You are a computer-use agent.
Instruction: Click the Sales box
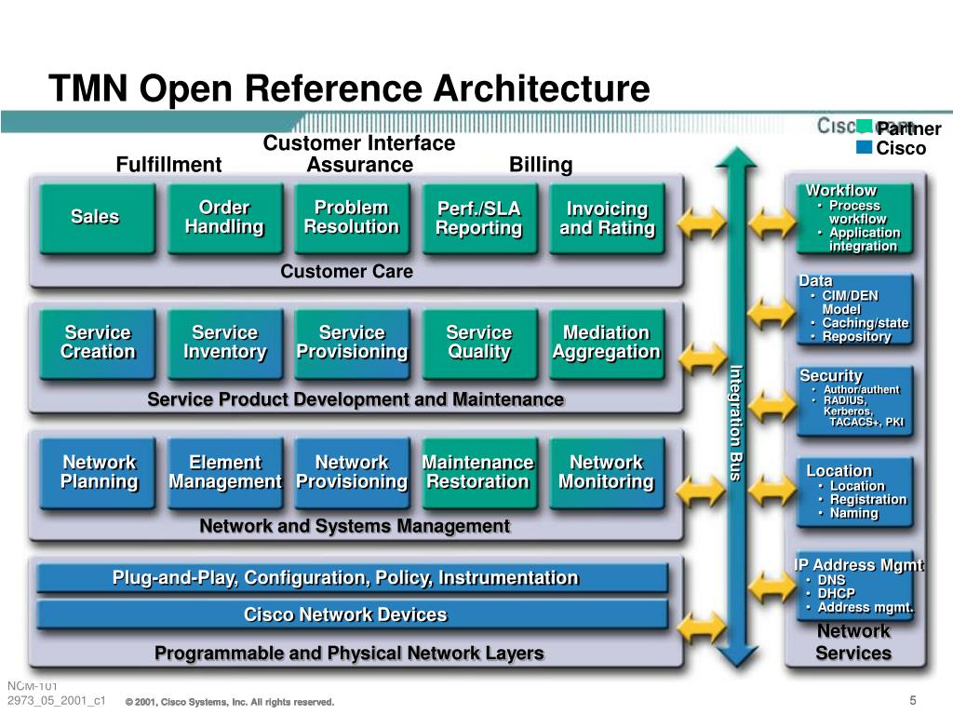(97, 218)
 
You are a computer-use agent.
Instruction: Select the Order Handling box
(225, 218)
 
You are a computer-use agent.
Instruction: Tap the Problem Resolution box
(352, 218)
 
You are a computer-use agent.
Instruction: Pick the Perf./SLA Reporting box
(479, 218)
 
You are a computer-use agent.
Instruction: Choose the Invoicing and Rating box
(607, 218)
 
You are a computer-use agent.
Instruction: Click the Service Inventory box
(225, 344)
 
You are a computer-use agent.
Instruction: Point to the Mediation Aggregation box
(607, 344)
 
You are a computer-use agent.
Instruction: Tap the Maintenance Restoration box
(479, 472)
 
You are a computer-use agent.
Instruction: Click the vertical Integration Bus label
(736, 424)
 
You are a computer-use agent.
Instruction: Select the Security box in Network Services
(854, 400)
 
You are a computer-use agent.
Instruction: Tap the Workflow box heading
(840, 190)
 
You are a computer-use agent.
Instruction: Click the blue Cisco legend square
(864, 147)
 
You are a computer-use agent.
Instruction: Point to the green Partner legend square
(864, 127)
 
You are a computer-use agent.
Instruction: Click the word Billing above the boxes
(541, 165)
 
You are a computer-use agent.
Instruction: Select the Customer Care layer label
(346, 271)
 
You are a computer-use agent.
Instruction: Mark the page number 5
(912, 700)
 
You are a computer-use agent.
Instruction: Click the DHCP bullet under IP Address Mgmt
(837, 593)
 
